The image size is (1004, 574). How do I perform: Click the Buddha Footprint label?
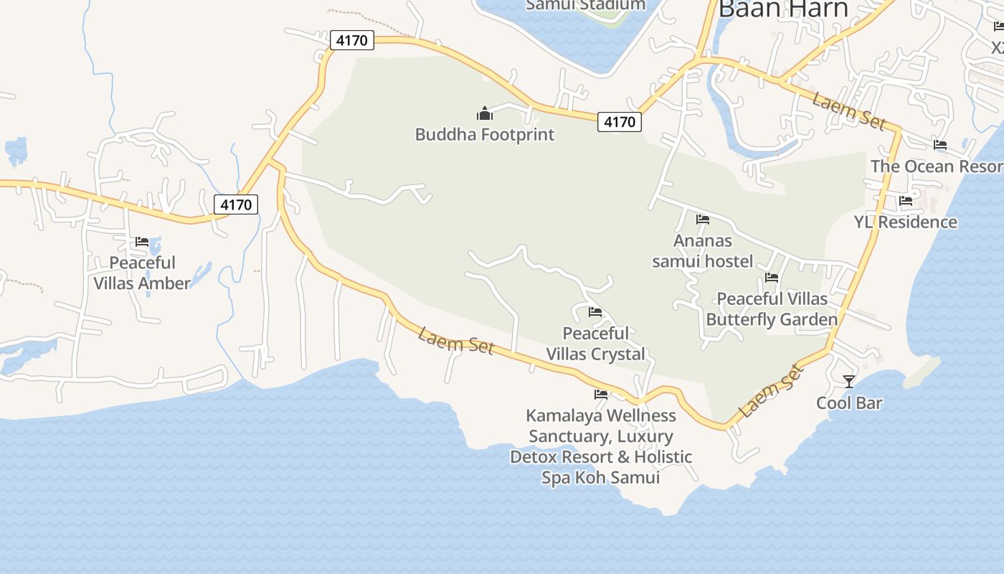(x=485, y=134)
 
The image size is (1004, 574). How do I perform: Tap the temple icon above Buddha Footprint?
(x=485, y=113)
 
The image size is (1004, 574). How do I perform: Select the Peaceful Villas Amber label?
(x=142, y=273)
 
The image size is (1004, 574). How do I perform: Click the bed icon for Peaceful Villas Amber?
(x=142, y=242)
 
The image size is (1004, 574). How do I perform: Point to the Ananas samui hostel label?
(x=703, y=250)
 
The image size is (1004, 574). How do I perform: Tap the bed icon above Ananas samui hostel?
(x=703, y=220)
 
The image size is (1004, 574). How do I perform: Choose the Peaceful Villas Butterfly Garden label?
(x=772, y=309)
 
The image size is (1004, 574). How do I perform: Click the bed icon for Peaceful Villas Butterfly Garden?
(x=772, y=277)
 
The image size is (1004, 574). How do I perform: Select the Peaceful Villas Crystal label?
(x=596, y=343)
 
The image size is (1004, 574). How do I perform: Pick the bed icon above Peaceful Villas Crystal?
(x=595, y=312)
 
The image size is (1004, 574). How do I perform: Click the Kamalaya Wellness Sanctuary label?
(x=601, y=446)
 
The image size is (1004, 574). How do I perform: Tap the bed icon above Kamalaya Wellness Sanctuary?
(x=601, y=394)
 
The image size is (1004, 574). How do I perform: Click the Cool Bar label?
(x=849, y=403)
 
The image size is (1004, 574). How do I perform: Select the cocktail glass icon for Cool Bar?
(x=849, y=381)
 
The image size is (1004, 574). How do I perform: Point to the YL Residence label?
(x=905, y=222)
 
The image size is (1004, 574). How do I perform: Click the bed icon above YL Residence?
(x=906, y=201)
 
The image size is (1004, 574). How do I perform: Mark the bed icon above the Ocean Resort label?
(x=940, y=145)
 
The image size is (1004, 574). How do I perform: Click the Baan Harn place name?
(x=783, y=9)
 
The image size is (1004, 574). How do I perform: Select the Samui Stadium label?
(x=585, y=5)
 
